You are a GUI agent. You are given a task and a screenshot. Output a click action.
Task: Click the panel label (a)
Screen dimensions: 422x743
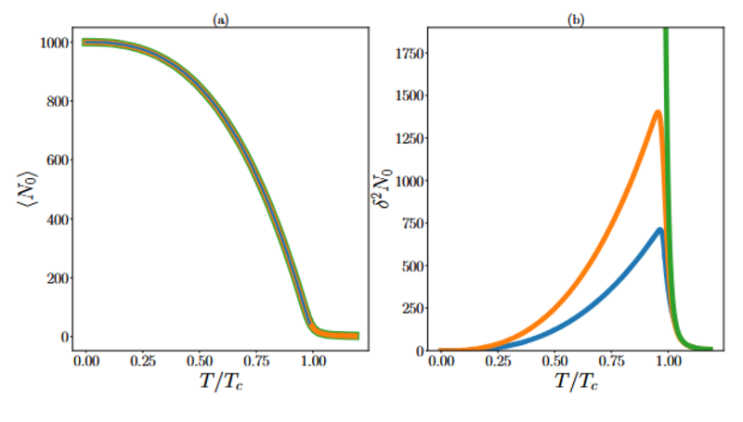click(220, 19)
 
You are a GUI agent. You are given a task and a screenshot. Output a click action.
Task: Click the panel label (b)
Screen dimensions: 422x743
click(576, 19)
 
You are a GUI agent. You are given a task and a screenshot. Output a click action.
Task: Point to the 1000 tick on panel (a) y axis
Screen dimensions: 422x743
click(47, 43)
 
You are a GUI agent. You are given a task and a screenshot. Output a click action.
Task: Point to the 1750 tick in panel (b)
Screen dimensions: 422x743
click(409, 54)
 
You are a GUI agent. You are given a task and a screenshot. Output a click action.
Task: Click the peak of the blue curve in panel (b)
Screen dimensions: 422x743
click(659, 230)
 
